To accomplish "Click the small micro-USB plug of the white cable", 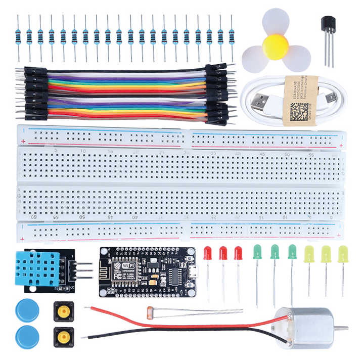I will click(331, 97).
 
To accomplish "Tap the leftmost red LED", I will click(208, 253).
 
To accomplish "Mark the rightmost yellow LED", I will click(343, 253).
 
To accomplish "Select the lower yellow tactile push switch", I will click(63, 336).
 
